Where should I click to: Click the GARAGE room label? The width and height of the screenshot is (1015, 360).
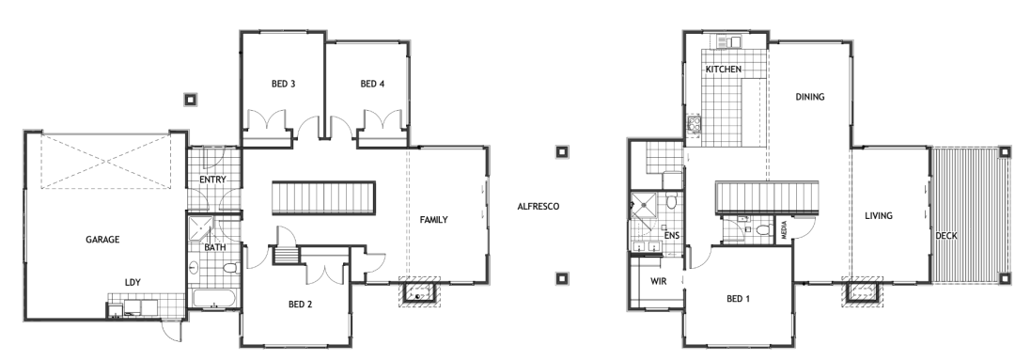(x=102, y=240)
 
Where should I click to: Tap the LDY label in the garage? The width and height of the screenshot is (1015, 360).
(x=133, y=282)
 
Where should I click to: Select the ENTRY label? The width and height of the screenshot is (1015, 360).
(x=212, y=180)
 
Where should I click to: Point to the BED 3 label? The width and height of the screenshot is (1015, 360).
(x=284, y=84)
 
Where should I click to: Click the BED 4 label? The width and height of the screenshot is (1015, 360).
(x=373, y=84)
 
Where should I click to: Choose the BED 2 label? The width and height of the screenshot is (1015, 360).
(x=301, y=305)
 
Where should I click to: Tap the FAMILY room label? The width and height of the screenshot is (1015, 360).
(x=433, y=220)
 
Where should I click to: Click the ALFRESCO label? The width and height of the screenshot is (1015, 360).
(x=538, y=207)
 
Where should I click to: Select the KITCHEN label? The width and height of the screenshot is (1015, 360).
(x=724, y=70)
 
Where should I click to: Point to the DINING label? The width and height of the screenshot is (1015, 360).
(x=810, y=97)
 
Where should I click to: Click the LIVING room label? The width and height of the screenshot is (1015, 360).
(x=879, y=215)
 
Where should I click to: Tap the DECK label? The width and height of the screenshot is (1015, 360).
(x=946, y=236)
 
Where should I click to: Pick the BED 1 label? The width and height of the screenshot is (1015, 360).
(x=738, y=299)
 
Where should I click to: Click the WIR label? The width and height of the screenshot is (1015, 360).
(x=658, y=282)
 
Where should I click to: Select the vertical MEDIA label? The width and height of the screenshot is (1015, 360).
(x=784, y=231)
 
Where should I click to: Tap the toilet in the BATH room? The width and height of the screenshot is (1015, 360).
(x=231, y=267)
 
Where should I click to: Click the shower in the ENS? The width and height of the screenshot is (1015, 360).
(x=643, y=204)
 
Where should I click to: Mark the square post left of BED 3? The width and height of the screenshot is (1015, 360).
(x=190, y=100)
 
